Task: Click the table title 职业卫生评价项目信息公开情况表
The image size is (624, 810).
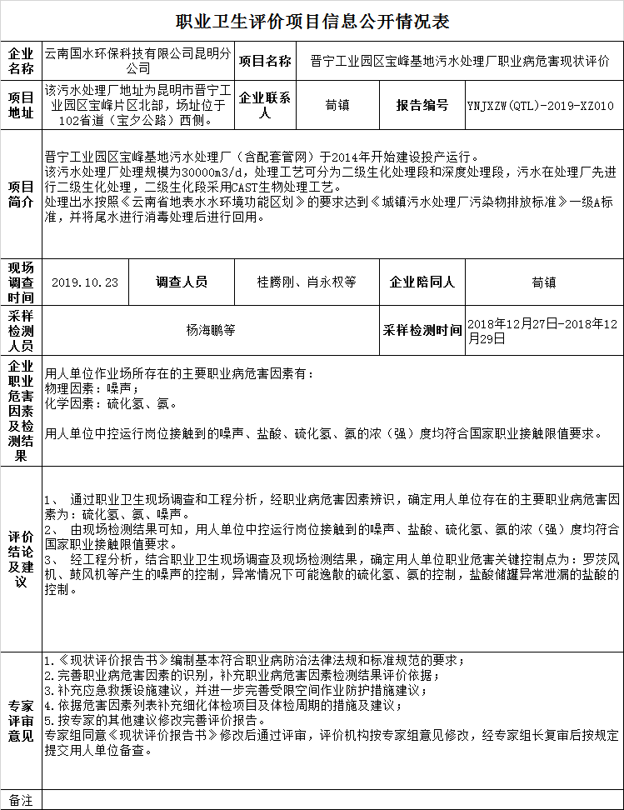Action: (x=312, y=22)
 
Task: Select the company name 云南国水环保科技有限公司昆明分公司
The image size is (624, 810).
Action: (x=138, y=61)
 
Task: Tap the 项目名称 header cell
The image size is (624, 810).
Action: (x=265, y=61)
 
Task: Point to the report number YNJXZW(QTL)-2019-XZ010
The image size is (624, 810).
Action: (x=540, y=106)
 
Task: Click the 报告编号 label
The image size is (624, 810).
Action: (x=422, y=106)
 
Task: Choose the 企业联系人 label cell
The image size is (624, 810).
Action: (x=265, y=106)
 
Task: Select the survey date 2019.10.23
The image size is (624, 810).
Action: (x=85, y=282)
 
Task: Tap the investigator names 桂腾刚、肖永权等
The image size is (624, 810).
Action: (x=306, y=282)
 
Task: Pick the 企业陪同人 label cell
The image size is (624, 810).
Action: (x=422, y=282)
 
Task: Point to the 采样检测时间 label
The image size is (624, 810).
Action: (x=422, y=330)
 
